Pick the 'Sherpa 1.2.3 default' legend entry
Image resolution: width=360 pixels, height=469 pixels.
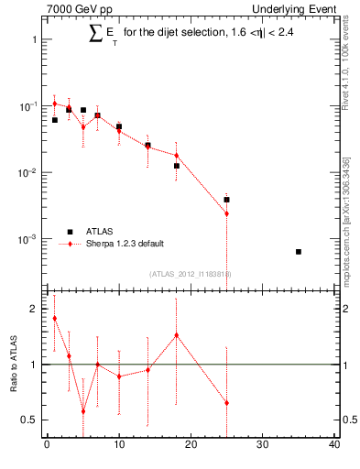coord(125,243)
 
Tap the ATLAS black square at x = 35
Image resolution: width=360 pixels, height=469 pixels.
coord(299,251)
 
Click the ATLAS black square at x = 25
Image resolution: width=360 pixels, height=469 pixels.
coord(226,199)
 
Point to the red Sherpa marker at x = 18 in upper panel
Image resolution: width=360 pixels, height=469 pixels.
coord(176,156)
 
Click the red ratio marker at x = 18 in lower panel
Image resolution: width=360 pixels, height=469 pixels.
coord(176,335)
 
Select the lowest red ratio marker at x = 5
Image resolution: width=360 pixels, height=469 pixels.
coord(82,411)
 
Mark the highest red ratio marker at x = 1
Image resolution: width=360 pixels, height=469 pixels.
coord(54,318)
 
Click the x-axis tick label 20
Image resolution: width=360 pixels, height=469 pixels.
coord(191,445)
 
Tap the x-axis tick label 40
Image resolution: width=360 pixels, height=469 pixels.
coord(334,445)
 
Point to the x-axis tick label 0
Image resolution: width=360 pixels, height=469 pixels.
coord(47,445)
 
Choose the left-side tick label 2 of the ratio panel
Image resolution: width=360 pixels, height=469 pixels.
coord(33,309)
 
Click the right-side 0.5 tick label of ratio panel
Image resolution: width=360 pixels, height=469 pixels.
coord(348,420)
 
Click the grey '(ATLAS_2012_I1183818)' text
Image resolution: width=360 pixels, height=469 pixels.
coord(191,273)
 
